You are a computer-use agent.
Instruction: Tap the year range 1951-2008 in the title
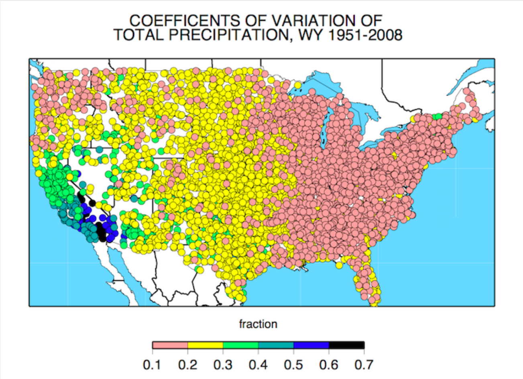[365, 35]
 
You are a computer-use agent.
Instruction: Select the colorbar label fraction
[258, 324]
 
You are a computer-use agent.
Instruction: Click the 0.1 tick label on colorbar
[153, 365]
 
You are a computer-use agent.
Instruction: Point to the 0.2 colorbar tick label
[188, 365]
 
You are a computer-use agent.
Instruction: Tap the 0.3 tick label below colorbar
[223, 365]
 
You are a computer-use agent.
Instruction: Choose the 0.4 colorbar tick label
[258, 365]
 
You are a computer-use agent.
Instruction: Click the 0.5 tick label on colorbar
[294, 365]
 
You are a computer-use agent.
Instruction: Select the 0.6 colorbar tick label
[329, 365]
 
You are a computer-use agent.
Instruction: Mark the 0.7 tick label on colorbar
[364, 365]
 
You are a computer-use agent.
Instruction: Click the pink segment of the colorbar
[170, 345]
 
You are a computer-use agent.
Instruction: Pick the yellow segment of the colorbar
[206, 345]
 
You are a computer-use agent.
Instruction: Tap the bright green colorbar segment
[241, 345]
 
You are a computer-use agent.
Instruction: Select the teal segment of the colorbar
[276, 345]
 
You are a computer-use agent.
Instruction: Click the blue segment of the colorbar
[311, 345]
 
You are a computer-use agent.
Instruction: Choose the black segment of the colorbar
[346, 345]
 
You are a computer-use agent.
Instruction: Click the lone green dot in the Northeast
[437, 116]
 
